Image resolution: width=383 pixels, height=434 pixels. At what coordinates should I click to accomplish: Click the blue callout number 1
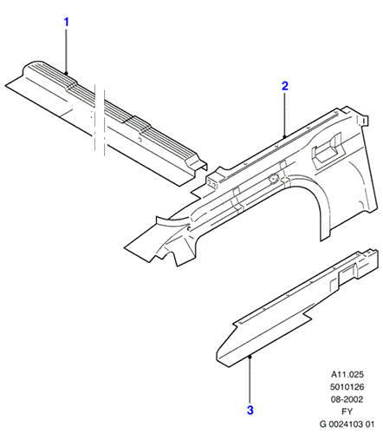click(x=67, y=22)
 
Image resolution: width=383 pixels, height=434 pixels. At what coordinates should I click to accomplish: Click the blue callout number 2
click(x=285, y=86)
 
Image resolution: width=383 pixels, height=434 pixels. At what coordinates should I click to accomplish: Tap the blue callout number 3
click(x=250, y=410)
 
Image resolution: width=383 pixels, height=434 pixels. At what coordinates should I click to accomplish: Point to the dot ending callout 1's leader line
click(x=67, y=74)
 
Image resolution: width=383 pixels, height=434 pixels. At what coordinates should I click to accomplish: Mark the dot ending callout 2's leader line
click(x=285, y=136)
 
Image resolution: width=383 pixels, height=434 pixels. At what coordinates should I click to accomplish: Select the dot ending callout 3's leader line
click(x=250, y=357)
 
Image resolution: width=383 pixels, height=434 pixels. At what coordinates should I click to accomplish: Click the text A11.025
click(x=347, y=374)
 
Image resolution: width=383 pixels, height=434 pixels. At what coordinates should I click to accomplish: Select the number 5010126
click(x=347, y=387)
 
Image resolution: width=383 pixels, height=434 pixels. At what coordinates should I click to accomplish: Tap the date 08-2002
click(x=347, y=399)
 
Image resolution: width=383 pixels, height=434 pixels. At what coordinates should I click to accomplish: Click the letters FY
click(x=347, y=411)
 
